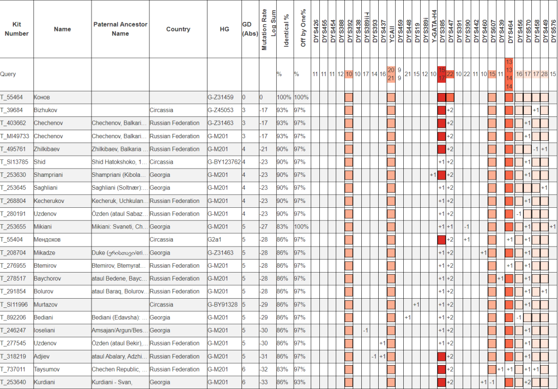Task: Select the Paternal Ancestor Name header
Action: click(120, 29)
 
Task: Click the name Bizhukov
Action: click(46, 110)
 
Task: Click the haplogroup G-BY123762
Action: click(224, 162)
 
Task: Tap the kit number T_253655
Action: click(16, 227)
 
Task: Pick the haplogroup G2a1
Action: click(216, 240)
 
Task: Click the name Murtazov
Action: click(47, 304)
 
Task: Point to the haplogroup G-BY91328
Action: click(224, 304)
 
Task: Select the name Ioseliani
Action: click(46, 330)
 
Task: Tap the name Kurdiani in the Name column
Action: click(46, 382)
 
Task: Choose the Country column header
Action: click(178, 29)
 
